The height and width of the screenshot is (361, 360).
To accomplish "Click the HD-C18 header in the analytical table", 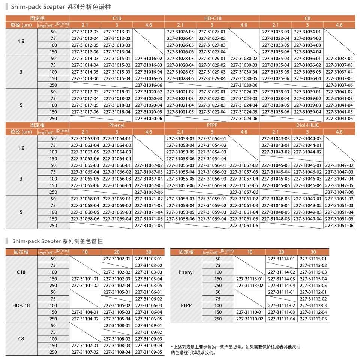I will (x=212, y=18).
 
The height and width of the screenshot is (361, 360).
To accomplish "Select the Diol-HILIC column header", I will (x=307, y=125).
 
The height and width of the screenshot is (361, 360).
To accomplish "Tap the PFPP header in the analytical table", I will (x=212, y=125).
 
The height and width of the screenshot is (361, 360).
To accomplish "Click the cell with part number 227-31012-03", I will (x=85, y=32).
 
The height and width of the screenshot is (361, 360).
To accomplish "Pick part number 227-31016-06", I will (x=148, y=85).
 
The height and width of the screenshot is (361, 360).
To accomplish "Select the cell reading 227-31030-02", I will (x=244, y=59).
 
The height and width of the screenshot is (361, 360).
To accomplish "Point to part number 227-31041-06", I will (x=339, y=119).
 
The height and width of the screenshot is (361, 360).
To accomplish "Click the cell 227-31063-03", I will (x=85, y=139).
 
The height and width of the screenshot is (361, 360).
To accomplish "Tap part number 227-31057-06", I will (x=244, y=192).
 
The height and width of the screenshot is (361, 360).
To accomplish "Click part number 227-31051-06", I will (x=339, y=226).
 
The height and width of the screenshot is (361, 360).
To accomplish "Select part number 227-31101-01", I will (x=85, y=279).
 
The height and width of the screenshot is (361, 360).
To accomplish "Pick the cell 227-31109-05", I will (x=148, y=352).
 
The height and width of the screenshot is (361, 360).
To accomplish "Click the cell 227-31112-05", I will (x=313, y=319).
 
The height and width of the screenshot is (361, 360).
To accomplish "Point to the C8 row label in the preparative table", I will (x=21, y=339).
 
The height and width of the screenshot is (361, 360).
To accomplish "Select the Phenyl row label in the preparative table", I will (x=186, y=272).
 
